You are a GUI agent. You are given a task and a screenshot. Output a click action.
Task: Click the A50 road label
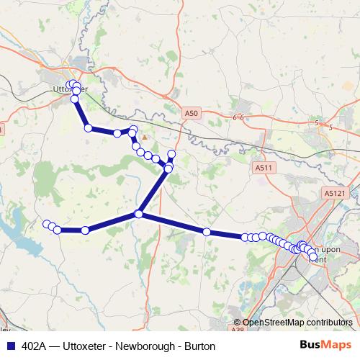190,113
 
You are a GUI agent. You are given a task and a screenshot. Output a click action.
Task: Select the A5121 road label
335,193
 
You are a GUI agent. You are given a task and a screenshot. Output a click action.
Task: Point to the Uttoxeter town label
70,89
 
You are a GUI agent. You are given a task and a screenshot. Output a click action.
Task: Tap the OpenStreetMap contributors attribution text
297,323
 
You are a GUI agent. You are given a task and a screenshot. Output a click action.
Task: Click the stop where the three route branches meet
140,214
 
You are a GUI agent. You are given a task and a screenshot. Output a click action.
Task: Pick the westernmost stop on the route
47,224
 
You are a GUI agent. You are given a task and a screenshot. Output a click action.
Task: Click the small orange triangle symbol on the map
145,136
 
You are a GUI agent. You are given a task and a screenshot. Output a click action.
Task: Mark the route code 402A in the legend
35,346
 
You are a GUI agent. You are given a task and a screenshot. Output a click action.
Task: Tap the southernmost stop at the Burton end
312,255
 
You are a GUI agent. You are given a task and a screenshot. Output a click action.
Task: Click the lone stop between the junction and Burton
207,232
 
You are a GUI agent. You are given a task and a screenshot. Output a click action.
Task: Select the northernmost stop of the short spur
171,154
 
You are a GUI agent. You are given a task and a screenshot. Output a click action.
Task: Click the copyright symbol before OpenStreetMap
238,323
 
